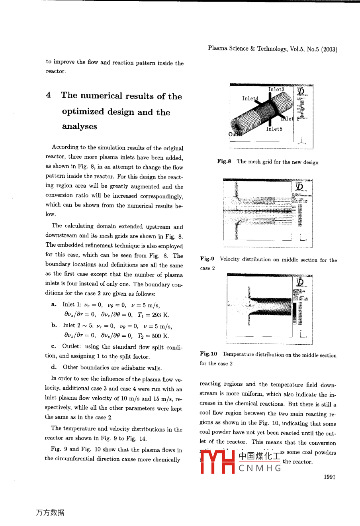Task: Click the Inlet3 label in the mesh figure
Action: (276, 90)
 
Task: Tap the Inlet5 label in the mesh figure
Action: (274, 129)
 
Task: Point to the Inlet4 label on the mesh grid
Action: (250, 98)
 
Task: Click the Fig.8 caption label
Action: (224, 161)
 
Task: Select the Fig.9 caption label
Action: (207, 259)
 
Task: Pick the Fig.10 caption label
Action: (208, 354)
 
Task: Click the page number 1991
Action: (329, 477)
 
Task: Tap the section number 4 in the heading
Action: (48, 95)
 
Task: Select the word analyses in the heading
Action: (79, 126)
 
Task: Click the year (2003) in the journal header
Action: (329, 49)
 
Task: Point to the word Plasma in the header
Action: (217, 48)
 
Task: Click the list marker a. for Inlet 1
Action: (54, 304)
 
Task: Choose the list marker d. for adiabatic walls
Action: (54, 367)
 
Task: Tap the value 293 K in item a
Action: (160, 315)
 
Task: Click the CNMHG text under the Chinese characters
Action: (260, 468)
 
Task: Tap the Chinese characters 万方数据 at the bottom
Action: (50, 512)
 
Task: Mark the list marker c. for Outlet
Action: (54, 346)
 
